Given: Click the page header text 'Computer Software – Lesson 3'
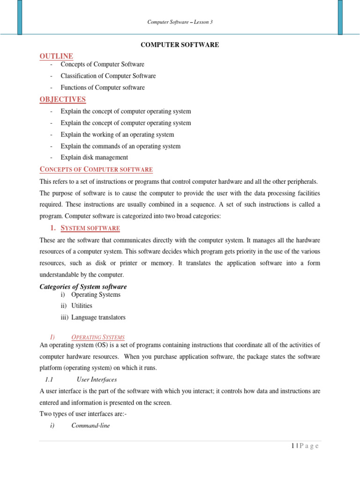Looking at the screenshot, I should click(x=180, y=22).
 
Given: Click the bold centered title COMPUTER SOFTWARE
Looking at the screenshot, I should click(x=180, y=45).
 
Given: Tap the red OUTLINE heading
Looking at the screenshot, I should click(x=56, y=56).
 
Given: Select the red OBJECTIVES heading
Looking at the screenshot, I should click(x=62, y=99).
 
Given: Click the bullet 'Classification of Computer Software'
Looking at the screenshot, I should click(x=108, y=76).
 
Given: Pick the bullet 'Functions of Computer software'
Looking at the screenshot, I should click(x=102, y=88).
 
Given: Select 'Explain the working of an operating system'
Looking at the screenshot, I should click(x=117, y=135).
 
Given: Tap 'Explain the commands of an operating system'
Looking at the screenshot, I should click(x=120, y=146).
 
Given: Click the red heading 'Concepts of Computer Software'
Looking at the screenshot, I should click(x=96, y=170).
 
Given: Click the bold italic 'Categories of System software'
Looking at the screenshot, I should click(x=83, y=287).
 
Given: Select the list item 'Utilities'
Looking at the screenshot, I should click(x=82, y=306).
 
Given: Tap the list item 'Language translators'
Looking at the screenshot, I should click(x=98, y=318).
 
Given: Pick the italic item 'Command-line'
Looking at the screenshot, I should click(x=90, y=426).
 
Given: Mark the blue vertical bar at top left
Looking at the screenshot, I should click(x=20, y=17).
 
